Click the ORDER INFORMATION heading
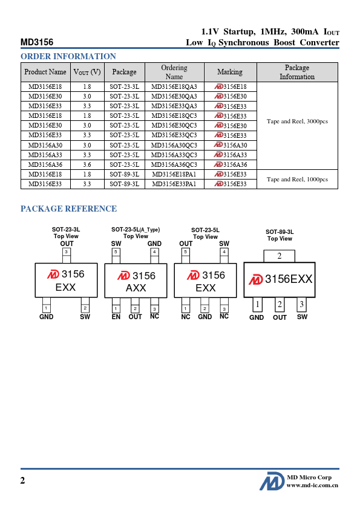[68, 56]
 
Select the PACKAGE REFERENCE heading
[68, 209]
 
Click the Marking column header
[230, 72]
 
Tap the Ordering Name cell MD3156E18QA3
[174, 86]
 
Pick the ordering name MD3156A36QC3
[174, 164]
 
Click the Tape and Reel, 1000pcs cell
[297, 179]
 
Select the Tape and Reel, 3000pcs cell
[297, 121]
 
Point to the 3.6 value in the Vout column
[87, 164]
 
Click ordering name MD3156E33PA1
[174, 184]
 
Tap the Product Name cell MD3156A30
[45, 145]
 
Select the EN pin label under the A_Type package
[116, 317]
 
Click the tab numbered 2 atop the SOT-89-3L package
[279, 256]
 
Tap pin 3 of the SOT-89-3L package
[301, 304]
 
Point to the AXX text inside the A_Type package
[136, 288]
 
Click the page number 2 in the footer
[22, 481]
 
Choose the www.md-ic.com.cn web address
[312, 485]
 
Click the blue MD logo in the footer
[272, 481]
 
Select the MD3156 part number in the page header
[37, 42]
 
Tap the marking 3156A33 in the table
[231, 155]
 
